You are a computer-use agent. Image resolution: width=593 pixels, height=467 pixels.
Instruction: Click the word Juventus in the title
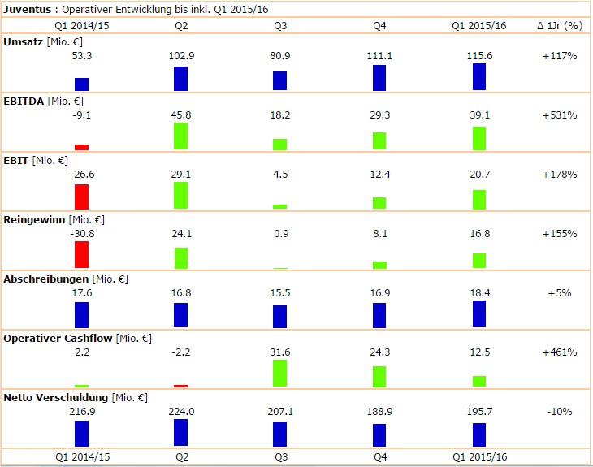(x=28, y=9)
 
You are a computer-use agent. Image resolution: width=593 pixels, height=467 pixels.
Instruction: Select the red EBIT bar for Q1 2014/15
(x=81, y=197)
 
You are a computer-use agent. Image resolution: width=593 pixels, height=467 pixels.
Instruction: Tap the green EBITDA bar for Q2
(x=181, y=136)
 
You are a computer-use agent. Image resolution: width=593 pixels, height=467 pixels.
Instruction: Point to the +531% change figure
(x=560, y=115)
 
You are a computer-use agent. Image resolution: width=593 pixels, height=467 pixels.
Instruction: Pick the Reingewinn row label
(x=34, y=219)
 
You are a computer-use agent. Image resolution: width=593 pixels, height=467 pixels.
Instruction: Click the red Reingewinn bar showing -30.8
(x=81, y=254)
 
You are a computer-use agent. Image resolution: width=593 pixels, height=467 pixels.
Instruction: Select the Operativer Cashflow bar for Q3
(x=280, y=373)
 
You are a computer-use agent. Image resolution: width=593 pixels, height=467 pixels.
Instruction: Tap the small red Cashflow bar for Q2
(x=181, y=386)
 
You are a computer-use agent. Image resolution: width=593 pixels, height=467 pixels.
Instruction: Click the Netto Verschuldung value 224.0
(x=181, y=412)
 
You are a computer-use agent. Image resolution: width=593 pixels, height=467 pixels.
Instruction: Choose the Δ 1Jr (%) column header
(x=560, y=25)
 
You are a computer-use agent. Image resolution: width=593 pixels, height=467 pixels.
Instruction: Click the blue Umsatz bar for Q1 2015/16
(x=479, y=76)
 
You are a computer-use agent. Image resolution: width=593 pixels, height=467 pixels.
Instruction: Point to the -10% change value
(x=560, y=412)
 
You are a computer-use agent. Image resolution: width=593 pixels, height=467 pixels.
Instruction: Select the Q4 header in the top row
(x=379, y=25)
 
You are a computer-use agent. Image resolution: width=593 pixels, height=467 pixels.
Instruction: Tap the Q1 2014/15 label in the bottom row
(x=81, y=457)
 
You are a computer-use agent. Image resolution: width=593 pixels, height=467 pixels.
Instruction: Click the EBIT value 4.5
(x=280, y=175)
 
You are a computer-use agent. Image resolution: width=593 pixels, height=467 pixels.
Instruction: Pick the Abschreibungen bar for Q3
(x=280, y=316)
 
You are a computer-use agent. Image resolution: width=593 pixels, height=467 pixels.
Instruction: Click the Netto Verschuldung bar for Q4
(x=379, y=435)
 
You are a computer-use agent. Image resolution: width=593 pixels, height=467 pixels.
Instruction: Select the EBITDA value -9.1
(x=81, y=115)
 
